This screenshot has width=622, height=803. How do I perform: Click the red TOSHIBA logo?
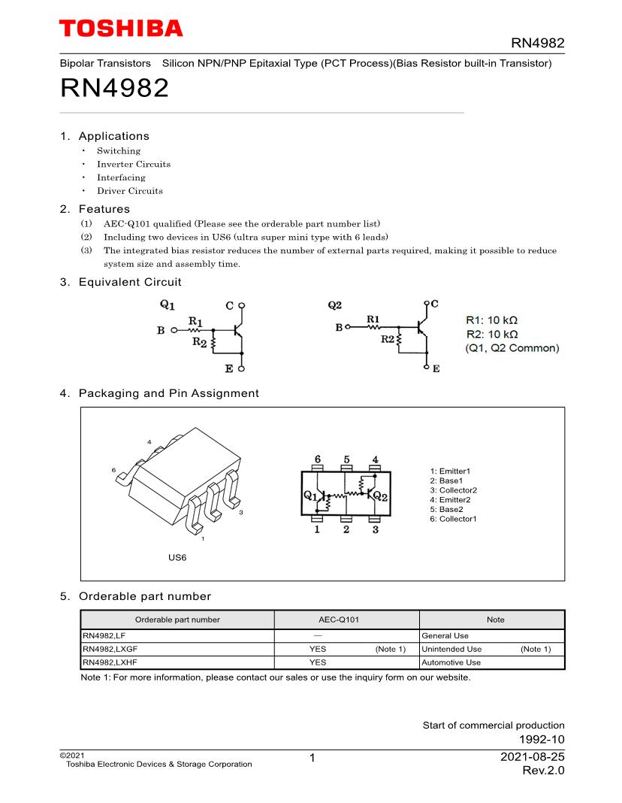point(121,29)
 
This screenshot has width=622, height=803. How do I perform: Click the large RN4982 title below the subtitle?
point(113,89)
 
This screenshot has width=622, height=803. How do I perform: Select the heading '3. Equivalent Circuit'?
point(120,282)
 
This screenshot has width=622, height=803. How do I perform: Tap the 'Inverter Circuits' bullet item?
point(133,164)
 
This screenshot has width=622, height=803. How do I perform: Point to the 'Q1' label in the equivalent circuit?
point(167,305)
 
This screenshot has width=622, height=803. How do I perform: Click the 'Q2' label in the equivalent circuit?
point(335,305)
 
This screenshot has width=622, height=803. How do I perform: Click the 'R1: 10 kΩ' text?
point(492,320)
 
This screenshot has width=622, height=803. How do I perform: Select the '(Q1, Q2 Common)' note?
point(512,348)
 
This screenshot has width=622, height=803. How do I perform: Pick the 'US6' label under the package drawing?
point(177,557)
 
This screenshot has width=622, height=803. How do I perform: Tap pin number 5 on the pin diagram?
point(346,459)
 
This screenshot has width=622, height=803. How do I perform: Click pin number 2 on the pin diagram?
point(346,529)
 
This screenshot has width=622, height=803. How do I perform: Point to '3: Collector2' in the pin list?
point(453,490)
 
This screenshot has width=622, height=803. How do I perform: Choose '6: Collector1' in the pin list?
point(453,519)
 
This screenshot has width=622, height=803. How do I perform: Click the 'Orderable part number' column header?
point(177,620)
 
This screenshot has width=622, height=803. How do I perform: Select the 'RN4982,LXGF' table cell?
point(110,649)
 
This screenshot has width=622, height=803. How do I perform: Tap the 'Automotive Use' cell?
point(451,662)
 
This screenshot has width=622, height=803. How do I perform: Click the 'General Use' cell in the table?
point(445,635)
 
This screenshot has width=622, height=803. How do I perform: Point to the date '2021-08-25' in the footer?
point(532,757)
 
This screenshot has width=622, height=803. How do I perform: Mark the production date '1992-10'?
point(542,739)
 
